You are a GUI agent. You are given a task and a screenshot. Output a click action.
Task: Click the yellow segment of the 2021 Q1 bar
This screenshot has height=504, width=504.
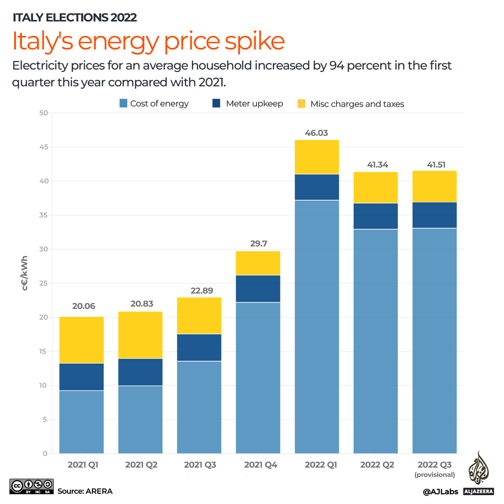click(82, 340)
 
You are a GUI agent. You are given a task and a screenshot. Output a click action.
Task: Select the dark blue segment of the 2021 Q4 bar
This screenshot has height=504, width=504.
click(258, 289)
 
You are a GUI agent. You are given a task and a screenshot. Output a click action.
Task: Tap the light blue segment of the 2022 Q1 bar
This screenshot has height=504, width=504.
click(317, 327)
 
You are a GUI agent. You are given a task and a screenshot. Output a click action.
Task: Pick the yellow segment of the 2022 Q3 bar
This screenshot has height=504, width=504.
click(434, 186)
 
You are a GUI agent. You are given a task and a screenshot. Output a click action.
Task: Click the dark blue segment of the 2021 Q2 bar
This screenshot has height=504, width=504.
click(140, 372)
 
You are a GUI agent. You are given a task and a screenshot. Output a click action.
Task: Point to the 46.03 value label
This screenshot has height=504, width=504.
click(316, 133)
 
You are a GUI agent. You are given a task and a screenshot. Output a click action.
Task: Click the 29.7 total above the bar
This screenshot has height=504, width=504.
click(258, 244)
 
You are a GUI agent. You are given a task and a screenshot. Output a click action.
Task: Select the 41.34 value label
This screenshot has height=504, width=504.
click(376, 165)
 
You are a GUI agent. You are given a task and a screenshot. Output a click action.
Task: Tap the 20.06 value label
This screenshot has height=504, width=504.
click(82, 306)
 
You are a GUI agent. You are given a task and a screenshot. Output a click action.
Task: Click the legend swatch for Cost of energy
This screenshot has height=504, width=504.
click(123, 104)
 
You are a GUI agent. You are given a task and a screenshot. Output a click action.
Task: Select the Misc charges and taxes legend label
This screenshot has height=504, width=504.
click(357, 104)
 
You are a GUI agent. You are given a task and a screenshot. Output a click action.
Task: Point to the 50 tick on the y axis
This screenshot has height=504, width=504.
click(43, 113)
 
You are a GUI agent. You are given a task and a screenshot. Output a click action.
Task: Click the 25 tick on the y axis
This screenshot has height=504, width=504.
click(43, 283)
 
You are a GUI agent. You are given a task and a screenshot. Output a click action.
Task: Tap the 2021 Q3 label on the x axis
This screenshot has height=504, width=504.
click(199, 465)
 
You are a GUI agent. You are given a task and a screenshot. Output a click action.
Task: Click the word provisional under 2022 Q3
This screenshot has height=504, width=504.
click(434, 475)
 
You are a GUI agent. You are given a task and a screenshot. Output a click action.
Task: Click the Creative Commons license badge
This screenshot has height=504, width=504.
click(31, 486)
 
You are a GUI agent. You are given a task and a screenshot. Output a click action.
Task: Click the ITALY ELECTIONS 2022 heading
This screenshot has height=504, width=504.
click(75, 18)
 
